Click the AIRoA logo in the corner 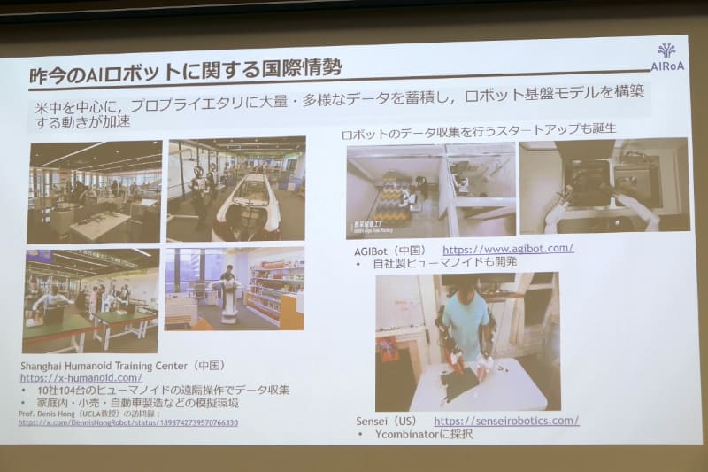coord(666,55)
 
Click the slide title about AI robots coord(185,68)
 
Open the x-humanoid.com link coord(81,378)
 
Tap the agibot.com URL coord(508,249)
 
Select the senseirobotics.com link coord(506,421)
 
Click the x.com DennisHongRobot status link coord(127,423)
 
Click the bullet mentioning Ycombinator coord(416,434)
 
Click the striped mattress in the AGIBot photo coord(395,197)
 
